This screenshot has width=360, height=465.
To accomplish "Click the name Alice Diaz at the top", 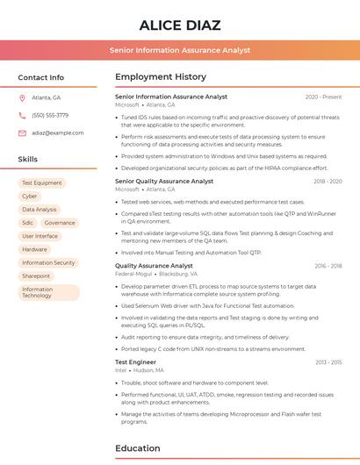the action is click(180, 25).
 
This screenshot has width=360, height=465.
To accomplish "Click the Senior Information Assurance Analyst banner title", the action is click(180, 50).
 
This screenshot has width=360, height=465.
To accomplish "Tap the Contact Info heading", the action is click(40, 77).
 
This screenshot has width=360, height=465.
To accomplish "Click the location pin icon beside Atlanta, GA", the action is click(22, 97).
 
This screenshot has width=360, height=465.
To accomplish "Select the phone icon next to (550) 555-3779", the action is click(22, 115).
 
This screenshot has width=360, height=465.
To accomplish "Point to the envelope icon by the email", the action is click(22, 132).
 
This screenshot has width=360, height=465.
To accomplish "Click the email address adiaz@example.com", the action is click(51, 132).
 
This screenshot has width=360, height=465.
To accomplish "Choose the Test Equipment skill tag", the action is click(41, 183).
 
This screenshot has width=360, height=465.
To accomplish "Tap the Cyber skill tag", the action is click(30, 197).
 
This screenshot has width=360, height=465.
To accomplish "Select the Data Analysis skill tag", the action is click(40, 210).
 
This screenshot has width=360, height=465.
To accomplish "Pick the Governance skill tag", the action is click(60, 223).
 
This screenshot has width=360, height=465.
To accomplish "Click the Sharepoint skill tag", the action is click(36, 275).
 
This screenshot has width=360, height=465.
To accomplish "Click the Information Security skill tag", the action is click(48, 262).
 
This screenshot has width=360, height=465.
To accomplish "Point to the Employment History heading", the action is click(161, 77).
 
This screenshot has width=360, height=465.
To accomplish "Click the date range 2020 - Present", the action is click(323, 97).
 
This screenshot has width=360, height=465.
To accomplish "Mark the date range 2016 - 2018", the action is click(328, 266).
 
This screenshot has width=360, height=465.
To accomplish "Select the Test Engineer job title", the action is click(135, 361).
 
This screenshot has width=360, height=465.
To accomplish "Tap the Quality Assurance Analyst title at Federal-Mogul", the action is click(154, 265).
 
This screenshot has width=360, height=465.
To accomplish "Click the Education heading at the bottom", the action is click(138, 448).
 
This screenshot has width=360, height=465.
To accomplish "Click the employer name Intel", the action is click(121, 370).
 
